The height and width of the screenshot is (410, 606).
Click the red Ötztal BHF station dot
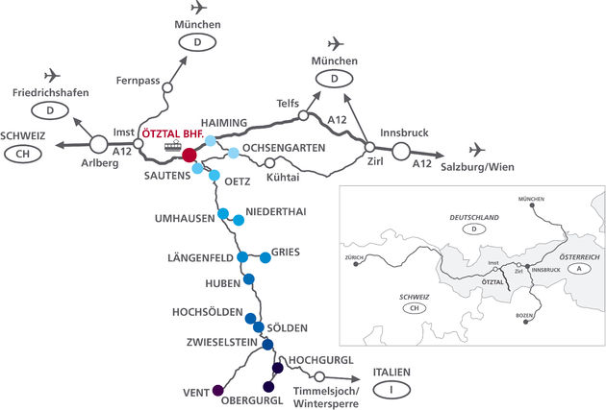pos(189,155)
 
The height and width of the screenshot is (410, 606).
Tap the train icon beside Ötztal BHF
pos(173,147)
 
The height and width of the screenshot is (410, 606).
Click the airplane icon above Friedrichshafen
pos(53,75)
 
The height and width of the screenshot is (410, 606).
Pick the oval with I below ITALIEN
pos(391,389)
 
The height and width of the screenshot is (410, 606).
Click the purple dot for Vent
pos(218,390)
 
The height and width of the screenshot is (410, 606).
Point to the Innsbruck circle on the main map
pos(400,151)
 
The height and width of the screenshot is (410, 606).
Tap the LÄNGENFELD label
pos(200,257)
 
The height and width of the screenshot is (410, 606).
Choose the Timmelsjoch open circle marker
pos(319,377)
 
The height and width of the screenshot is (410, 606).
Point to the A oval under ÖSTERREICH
pos(579,270)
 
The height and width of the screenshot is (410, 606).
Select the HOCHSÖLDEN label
pos(206,313)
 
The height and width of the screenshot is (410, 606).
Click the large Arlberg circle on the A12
pos(99,145)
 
